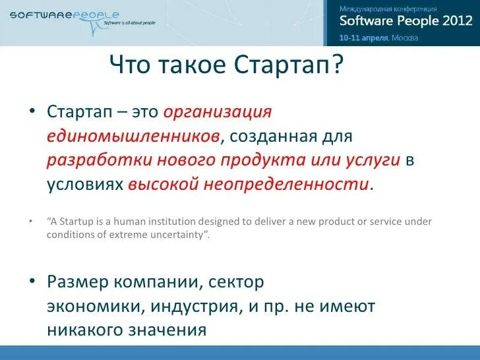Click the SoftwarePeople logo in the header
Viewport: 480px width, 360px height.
tap(65, 15)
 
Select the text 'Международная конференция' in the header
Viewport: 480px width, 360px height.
tap(388, 9)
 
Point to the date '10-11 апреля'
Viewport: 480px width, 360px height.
tap(363, 38)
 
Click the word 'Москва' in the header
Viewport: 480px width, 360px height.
tap(405, 38)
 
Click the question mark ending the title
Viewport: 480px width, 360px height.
tap(338, 65)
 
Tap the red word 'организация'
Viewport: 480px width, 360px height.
tap(217, 111)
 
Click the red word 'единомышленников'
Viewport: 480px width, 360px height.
tap(133, 136)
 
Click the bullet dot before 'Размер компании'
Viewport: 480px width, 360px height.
tap(32, 282)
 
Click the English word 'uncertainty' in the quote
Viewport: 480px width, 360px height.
tap(179, 235)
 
